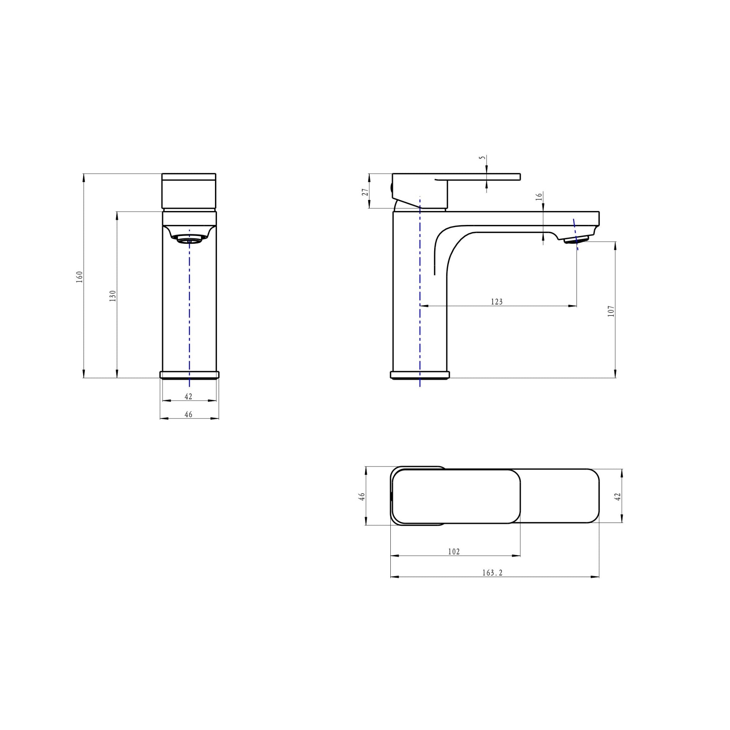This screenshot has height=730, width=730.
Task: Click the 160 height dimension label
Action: click(x=79, y=277)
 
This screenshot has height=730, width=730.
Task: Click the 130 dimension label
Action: click(x=113, y=295)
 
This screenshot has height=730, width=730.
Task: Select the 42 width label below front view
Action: click(x=189, y=396)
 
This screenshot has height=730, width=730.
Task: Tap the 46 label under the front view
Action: click(x=189, y=415)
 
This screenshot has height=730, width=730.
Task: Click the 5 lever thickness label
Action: click(x=481, y=158)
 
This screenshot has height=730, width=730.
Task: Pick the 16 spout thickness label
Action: click(x=539, y=196)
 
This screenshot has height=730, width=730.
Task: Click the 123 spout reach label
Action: click(x=497, y=302)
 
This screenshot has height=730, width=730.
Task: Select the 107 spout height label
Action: click(x=611, y=311)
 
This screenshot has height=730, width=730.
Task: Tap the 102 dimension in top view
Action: click(x=454, y=552)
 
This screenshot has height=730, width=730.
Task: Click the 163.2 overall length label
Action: click(x=492, y=573)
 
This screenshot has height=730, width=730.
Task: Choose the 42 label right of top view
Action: click(x=618, y=497)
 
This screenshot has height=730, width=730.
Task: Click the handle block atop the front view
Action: click(x=189, y=191)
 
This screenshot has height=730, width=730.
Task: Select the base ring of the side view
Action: click(x=420, y=375)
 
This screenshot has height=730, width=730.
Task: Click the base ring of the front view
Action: click(x=189, y=375)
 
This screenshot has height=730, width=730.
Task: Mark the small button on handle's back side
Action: click(x=391, y=187)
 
